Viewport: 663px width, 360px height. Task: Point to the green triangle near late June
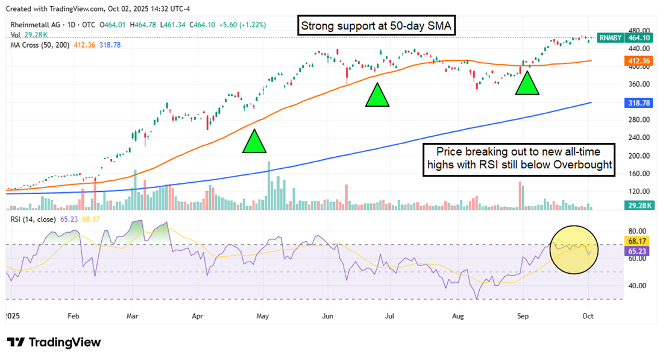point(377,95)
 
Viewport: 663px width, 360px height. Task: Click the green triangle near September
point(527,83)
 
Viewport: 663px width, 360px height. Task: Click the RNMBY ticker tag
point(608,37)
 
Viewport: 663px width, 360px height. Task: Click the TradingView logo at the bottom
point(54,343)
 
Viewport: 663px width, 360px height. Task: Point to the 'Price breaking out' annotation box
point(520,160)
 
